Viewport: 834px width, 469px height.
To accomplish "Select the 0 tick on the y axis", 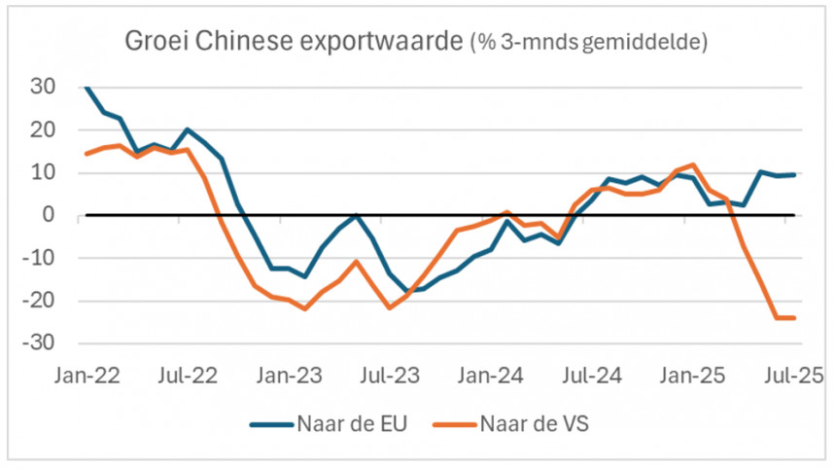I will point(50,215).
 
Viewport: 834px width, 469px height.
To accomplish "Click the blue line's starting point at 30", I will point(87,88).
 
